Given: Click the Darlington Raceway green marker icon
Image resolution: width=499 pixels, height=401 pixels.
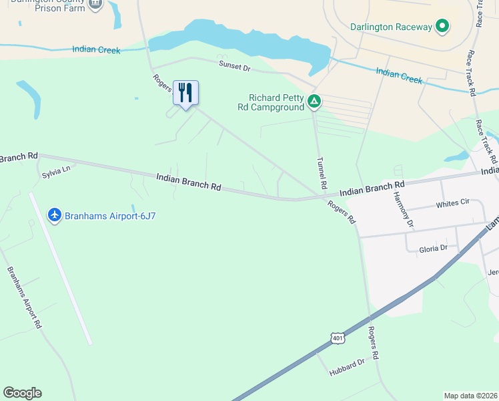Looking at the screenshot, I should (x=442, y=27).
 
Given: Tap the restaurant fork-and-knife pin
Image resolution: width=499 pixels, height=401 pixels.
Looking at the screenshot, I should (x=186, y=92).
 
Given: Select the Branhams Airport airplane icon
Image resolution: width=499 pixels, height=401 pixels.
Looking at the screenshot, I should (x=55, y=215).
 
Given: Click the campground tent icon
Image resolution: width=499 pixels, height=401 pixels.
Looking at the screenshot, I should (x=314, y=102).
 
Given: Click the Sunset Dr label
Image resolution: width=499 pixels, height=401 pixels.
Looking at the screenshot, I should (x=235, y=65).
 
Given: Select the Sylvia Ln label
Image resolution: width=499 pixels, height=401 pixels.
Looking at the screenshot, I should (x=56, y=172).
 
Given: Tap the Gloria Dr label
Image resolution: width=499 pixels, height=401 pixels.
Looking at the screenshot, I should (x=433, y=248).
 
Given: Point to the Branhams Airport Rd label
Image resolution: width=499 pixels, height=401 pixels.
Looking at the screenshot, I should (x=25, y=297).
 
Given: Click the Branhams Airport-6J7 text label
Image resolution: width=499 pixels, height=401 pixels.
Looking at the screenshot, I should (x=111, y=215).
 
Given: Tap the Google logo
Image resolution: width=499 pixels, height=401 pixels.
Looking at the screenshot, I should (x=22, y=393).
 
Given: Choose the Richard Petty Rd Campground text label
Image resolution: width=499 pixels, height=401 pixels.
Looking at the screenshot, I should (x=276, y=102).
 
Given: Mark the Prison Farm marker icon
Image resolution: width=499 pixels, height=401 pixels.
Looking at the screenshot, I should (x=95, y=3).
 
